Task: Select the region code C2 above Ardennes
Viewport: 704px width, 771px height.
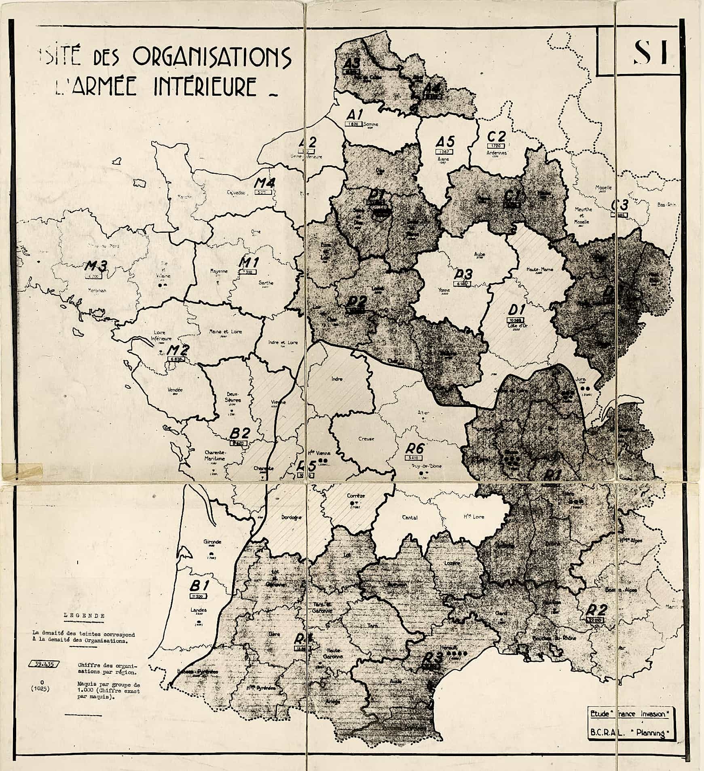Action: point(496,136)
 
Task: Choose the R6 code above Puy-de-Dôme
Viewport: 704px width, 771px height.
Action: point(415,449)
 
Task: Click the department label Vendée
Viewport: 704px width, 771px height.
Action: point(175,390)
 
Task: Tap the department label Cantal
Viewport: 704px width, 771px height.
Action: point(410,517)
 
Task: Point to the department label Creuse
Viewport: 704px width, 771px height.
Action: point(366,438)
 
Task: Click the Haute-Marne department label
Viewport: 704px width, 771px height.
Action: point(539,270)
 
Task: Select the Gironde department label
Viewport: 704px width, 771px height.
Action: point(213,542)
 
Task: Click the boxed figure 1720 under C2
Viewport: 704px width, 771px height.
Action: point(496,145)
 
